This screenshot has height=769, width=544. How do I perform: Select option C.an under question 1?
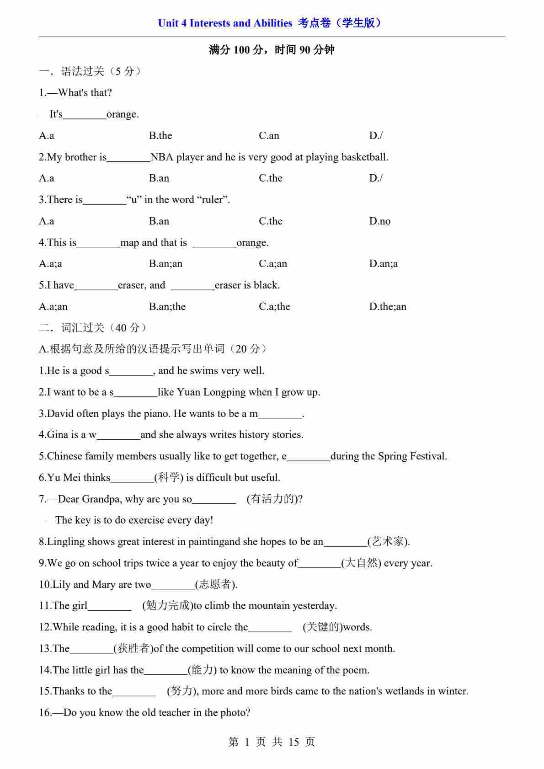tap(269, 136)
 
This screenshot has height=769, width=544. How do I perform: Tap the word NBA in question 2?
tap(162, 157)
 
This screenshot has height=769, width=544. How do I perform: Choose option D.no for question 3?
tap(379, 221)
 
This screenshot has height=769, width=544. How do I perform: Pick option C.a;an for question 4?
tap(273, 264)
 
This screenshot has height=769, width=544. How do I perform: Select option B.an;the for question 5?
tap(167, 307)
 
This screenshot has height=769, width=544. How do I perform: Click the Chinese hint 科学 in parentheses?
tap(169, 478)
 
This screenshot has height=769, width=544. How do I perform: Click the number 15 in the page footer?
tap(293, 742)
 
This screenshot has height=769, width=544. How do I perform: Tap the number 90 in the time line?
tap(305, 50)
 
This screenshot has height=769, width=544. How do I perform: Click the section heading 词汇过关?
tap(83, 328)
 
